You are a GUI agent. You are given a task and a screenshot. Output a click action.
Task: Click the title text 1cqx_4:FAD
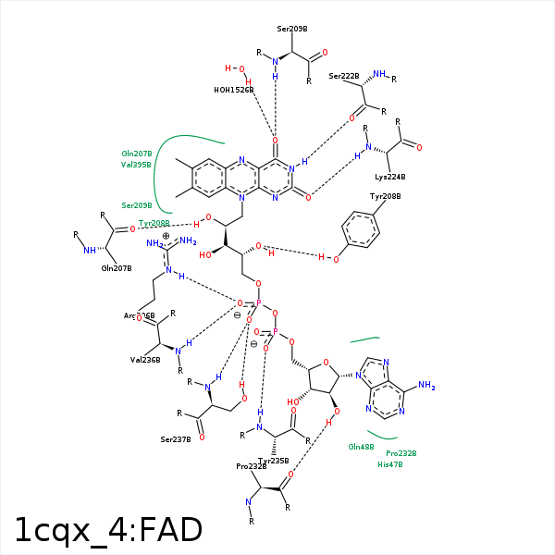[108, 530]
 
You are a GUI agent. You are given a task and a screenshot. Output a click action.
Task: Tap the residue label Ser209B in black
[291, 30]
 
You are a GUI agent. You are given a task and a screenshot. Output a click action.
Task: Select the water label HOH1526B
[233, 90]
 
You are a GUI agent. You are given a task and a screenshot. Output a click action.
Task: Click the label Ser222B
[343, 76]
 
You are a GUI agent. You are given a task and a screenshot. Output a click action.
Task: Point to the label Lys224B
[389, 176]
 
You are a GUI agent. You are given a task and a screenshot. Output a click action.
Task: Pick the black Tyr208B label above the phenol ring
[385, 196]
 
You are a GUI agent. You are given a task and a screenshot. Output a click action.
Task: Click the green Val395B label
[137, 165]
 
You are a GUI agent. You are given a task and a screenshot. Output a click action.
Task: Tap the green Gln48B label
[361, 447]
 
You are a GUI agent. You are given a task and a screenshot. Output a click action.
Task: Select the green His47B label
[389, 464]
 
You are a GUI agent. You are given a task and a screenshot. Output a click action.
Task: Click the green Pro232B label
[401, 453]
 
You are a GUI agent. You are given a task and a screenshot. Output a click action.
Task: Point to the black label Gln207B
[117, 268]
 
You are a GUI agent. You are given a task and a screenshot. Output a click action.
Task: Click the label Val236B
[145, 360]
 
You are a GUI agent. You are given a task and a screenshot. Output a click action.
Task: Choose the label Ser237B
[175, 439]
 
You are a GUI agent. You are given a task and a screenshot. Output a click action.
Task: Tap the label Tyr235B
[273, 461]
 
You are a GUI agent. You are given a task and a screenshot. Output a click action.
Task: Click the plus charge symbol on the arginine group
[166, 236]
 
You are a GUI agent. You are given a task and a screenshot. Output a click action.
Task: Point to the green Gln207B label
[137, 154]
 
